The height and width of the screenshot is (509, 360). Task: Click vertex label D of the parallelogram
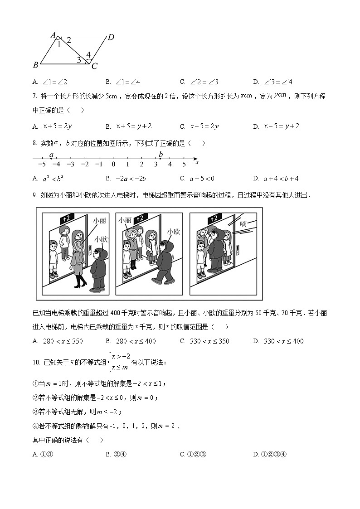pos(111,37)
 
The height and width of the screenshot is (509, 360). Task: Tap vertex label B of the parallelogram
pos(35,65)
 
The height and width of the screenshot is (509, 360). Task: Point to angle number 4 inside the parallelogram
pos(88,55)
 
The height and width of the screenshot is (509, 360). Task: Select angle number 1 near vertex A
pos(58,44)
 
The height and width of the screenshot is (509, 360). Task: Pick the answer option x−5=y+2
pos(281,126)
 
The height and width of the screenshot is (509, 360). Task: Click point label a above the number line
pos(51,154)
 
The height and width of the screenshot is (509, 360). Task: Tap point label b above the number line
pos(161,154)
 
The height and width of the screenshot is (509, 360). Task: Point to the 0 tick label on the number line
pos(113,165)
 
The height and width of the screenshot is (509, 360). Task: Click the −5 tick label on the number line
pos(41,165)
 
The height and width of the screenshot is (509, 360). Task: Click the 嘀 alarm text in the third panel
pos(243,223)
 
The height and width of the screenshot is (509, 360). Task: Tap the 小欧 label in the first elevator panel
pos(101,238)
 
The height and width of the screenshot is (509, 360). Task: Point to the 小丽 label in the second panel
pos(125,220)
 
